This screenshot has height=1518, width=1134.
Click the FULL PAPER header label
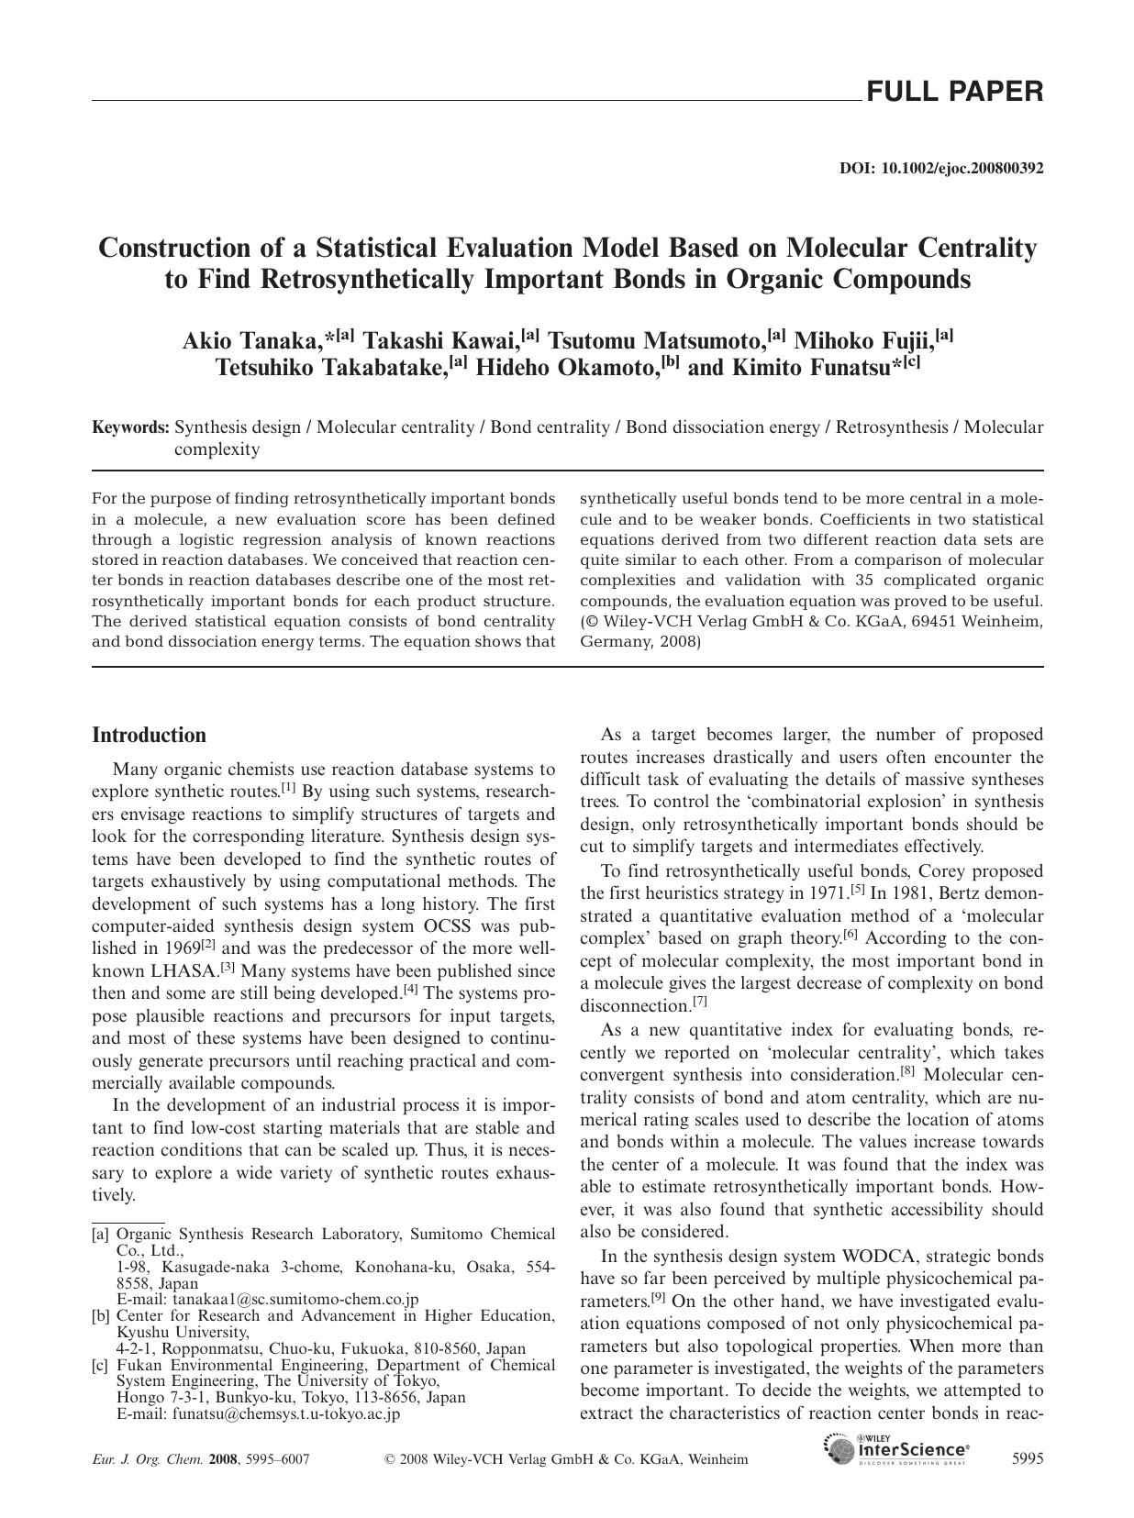(954, 92)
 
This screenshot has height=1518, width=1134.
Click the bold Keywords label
(130, 427)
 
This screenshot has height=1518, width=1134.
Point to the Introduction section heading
(150, 736)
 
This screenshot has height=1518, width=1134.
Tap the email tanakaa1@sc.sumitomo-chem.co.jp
(295, 1300)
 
